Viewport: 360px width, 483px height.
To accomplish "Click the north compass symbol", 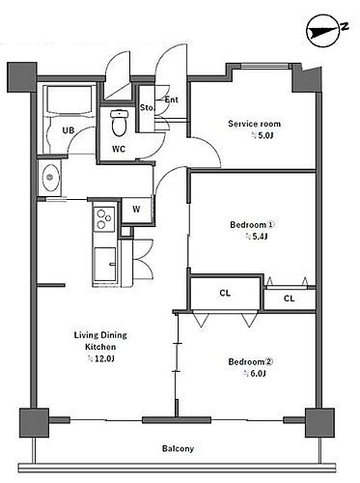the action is (324, 32).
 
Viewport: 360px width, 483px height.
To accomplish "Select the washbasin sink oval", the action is (49, 177).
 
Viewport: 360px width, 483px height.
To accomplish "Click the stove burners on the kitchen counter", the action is (104, 219).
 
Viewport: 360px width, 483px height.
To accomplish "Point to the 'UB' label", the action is (69, 130).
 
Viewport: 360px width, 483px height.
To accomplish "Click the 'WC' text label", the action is (119, 149).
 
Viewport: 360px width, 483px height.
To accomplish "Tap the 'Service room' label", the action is (254, 124).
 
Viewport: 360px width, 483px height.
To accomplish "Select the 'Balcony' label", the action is (178, 448).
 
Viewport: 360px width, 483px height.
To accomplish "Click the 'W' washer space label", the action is (136, 210).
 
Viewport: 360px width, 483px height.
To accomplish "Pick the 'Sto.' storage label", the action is (147, 107).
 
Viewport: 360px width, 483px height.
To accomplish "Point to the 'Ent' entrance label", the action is (172, 99).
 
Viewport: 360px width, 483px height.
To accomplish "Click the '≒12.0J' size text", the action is (101, 358).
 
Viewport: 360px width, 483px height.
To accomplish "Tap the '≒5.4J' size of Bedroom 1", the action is (257, 237).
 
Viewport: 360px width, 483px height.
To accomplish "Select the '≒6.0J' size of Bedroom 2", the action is (254, 374).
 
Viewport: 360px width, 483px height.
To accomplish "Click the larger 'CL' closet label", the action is (225, 293).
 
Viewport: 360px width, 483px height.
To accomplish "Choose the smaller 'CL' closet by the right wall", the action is (289, 298).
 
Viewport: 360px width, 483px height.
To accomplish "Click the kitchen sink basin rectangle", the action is (105, 264).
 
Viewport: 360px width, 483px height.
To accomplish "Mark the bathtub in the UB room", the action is (69, 99).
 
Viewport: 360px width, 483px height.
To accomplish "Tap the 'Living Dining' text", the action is (100, 335).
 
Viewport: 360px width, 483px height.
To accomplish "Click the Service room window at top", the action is (264, 67).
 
